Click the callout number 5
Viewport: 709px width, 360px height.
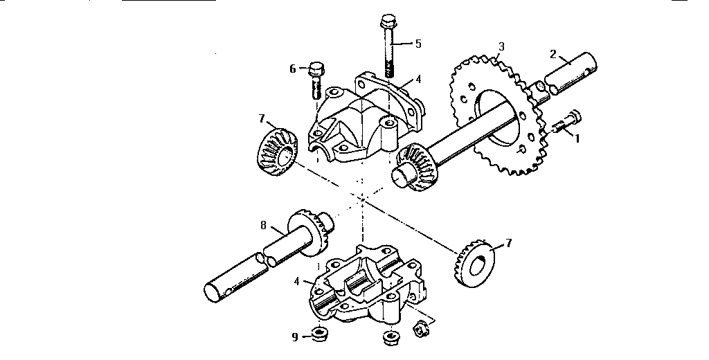(418, 43)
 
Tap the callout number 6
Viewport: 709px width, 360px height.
(293, 69)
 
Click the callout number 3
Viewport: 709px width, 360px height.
(501, 47)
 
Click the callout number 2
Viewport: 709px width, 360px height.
(553, 53)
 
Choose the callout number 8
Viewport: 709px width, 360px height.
(264, 225)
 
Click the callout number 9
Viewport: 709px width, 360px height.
(295, 337)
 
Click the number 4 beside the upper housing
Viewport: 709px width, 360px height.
(418, 80)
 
